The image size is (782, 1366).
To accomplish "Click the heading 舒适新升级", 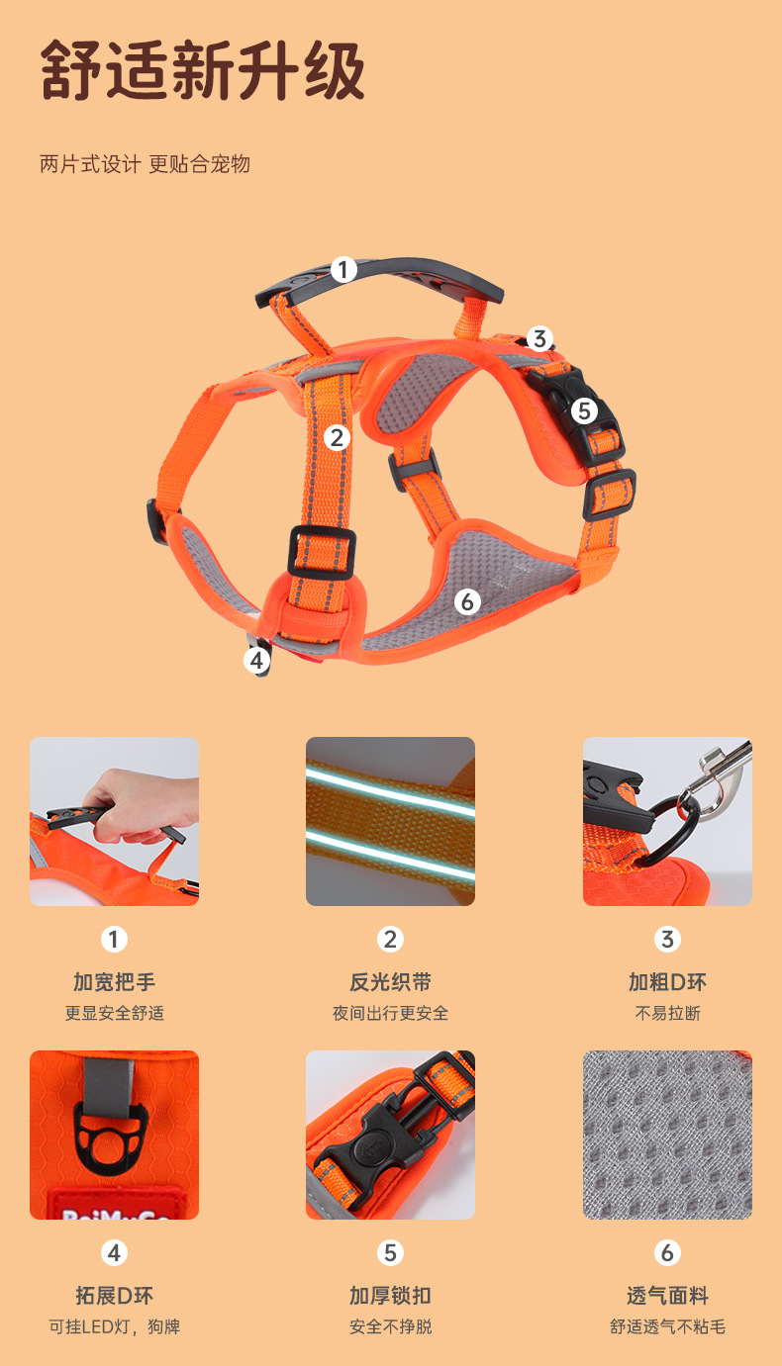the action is [202, 70].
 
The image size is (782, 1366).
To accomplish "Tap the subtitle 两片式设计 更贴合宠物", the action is [145, 164].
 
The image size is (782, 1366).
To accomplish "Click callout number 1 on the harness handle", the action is [343, 270].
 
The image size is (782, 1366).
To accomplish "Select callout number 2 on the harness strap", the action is [337, 438].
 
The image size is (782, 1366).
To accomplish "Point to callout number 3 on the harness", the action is [539, 338].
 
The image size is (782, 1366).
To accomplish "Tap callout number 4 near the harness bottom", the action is [257, 660].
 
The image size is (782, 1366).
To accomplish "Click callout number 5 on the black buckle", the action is [584, 411].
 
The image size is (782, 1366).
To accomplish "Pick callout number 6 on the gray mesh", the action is [467, 602].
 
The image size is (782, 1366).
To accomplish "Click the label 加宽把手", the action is [114, 982].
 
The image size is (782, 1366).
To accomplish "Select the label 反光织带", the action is [390, 982].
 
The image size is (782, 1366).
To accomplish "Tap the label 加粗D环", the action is [667, 982].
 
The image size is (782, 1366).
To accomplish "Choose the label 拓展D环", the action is [114, 1295].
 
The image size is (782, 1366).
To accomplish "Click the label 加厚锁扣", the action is [390, 1295].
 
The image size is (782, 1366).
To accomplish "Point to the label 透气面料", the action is [667, 1295].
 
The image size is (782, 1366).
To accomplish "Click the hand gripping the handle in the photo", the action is [144, 805].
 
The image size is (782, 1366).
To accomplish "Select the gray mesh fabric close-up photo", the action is [667, 1135].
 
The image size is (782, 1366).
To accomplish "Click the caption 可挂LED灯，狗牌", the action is [114, 1327].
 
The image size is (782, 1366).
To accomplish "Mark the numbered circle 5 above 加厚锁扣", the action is [390, 1253].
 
